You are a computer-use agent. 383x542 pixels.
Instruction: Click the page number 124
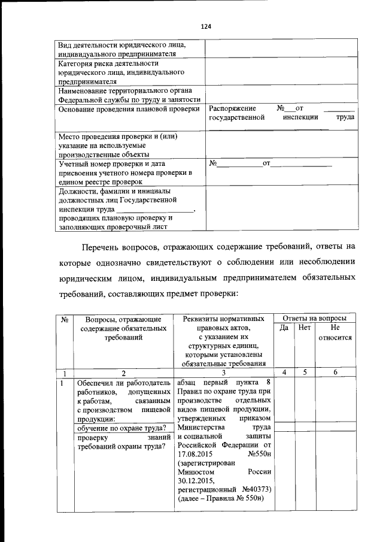point(206,26)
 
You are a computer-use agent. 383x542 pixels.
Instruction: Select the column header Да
point(284,328)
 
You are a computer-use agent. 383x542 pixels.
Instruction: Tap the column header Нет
point(305,328)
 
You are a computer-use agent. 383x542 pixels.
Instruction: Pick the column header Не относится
point(335,333)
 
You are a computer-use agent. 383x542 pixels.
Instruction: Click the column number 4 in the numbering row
point(284,373)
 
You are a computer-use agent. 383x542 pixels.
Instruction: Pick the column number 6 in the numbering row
point(335,373)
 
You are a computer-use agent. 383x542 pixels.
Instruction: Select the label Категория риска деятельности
point(108,63)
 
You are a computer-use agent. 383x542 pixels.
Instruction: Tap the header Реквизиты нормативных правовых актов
point(223,323)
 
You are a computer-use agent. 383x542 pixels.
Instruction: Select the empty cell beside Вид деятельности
point(282,49)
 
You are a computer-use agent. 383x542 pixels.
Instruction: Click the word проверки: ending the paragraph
point(218,295)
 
